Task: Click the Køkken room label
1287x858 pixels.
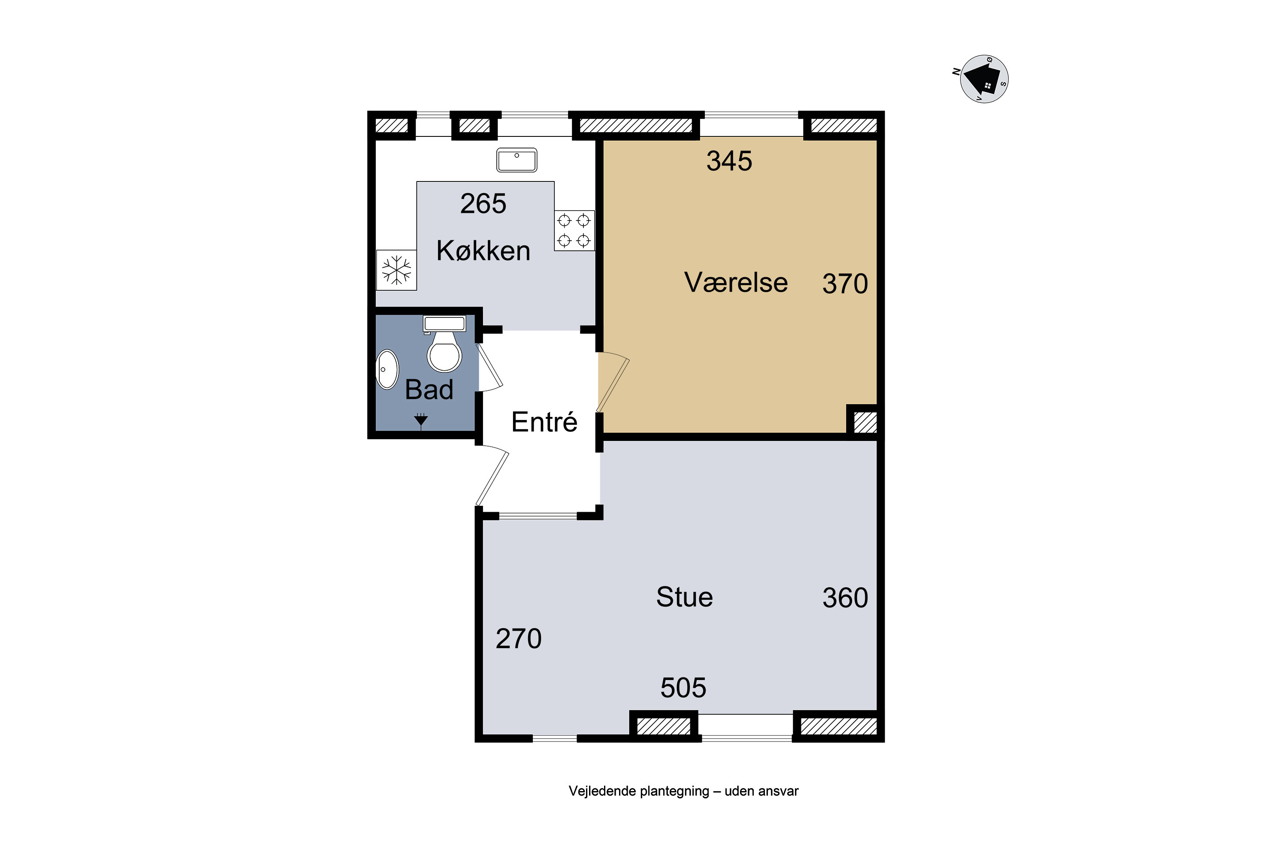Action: [483, 251]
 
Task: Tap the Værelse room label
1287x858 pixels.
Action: [736, 282]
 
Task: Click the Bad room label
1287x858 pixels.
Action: [429, 390]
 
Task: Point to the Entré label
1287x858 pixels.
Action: [544, 421]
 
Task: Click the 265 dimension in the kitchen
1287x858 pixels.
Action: [483, 203]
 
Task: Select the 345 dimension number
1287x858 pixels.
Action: [729, 161]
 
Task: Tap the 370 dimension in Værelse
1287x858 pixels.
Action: [846, 284]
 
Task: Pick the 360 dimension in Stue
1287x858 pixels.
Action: [846, 598]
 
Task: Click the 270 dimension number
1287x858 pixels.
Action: [519, 639]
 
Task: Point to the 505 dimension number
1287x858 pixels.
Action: [683, 688]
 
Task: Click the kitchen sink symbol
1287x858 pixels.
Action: [517, 160]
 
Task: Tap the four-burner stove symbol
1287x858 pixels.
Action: [574, 230]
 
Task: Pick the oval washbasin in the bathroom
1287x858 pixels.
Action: [387, 369]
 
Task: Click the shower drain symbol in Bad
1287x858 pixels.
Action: [421, 420]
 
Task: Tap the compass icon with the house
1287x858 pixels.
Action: [984, 79]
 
